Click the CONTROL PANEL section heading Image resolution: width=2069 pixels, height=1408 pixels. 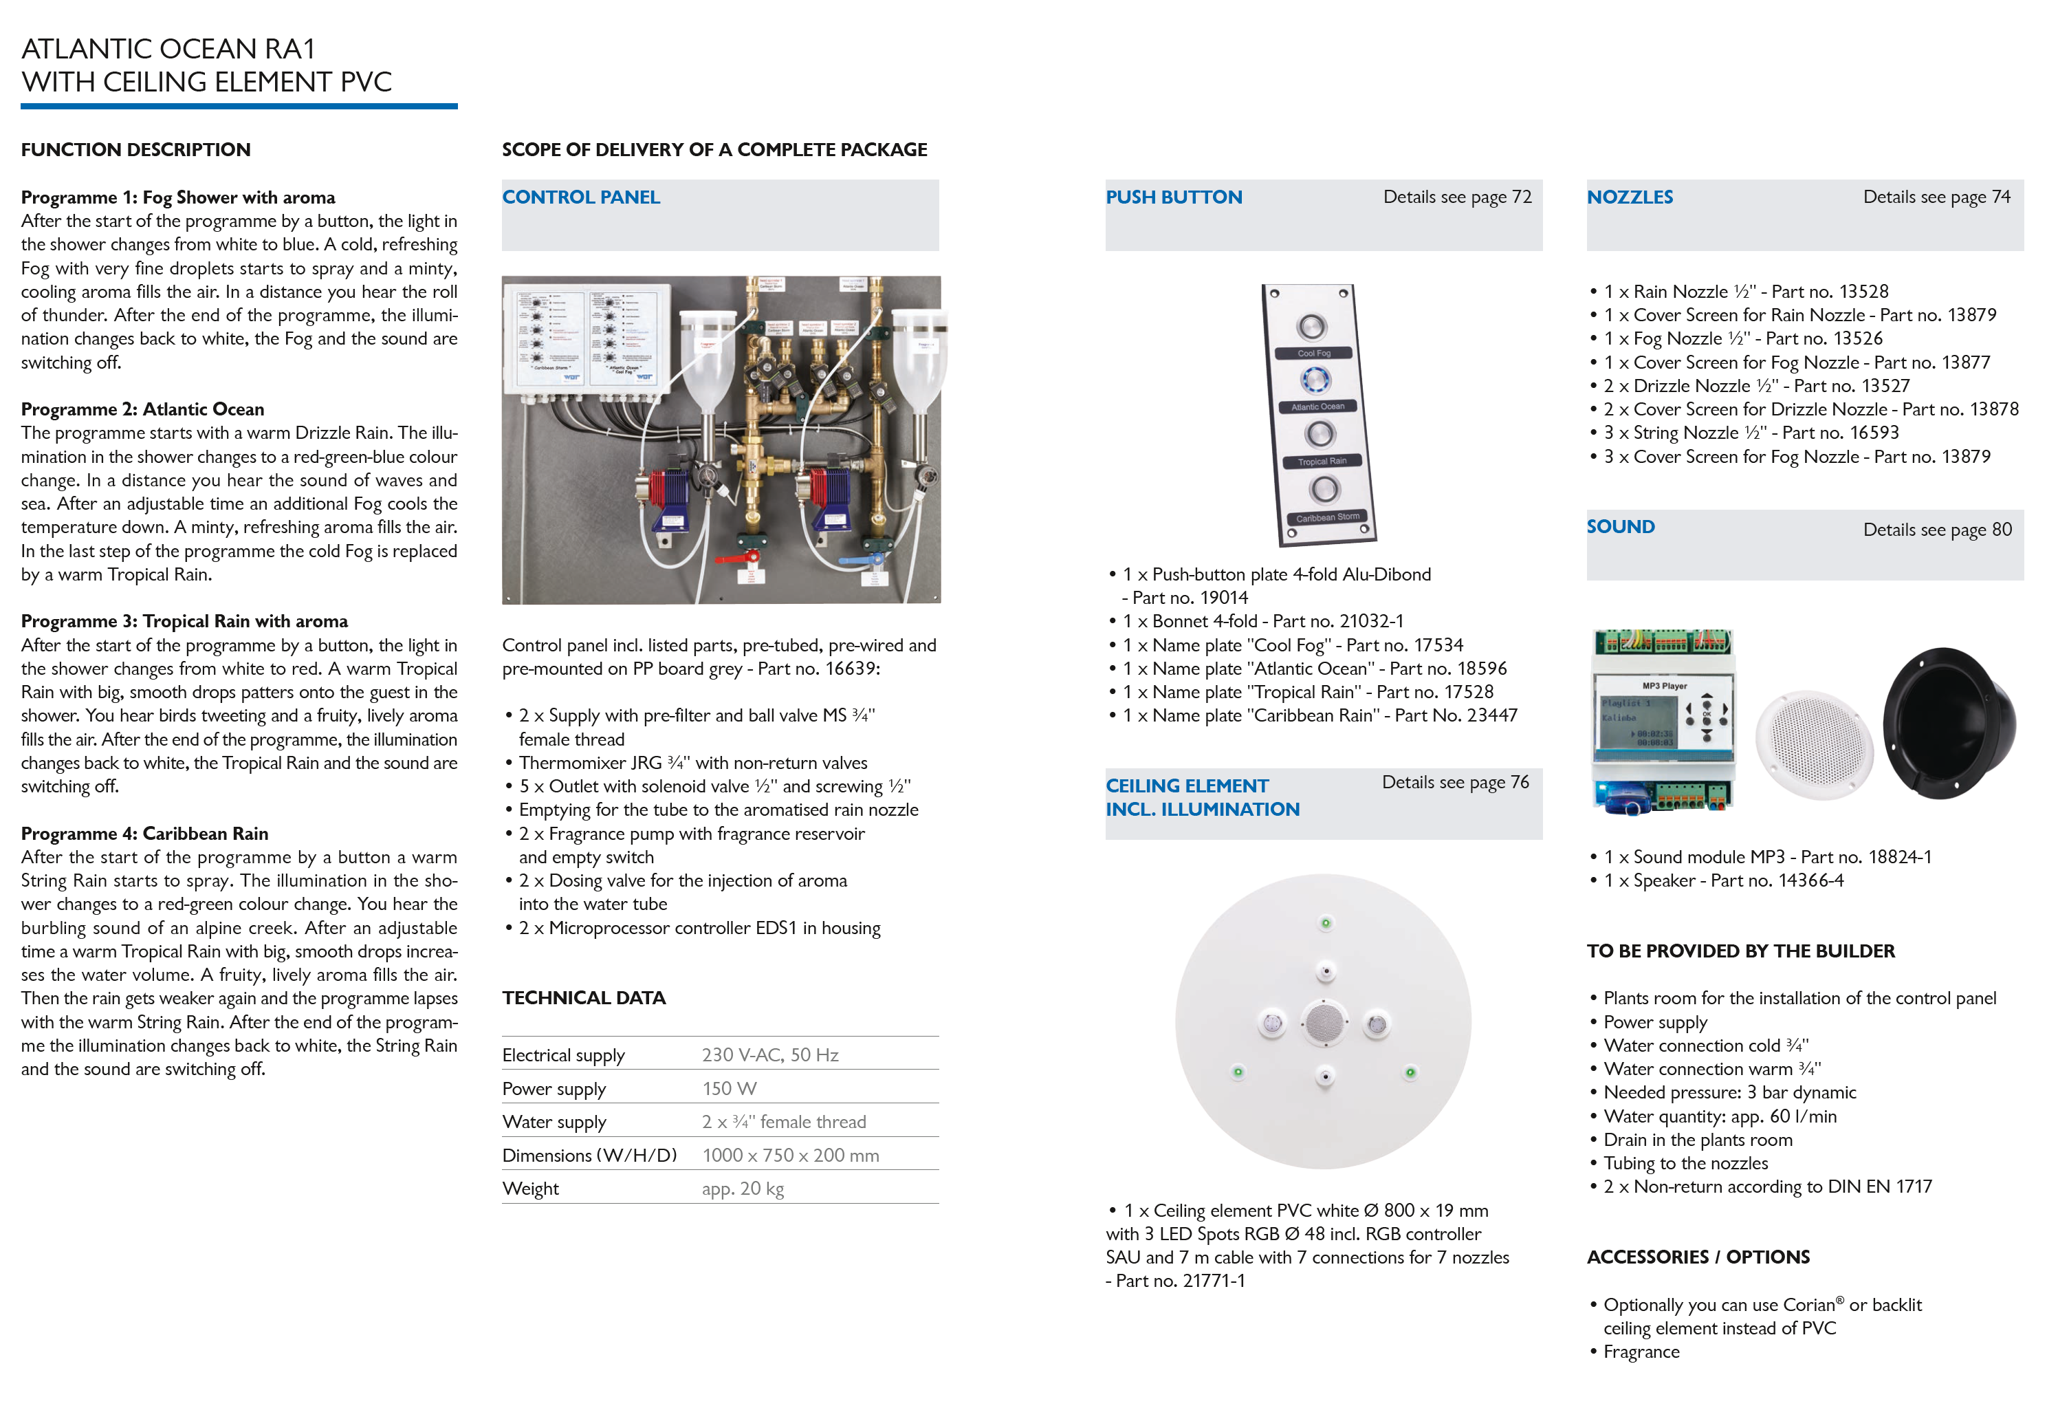[580, 197]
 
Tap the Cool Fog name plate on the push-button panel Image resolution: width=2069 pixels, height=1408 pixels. [1313, 353]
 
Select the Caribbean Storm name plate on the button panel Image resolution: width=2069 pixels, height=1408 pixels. [1327, 517]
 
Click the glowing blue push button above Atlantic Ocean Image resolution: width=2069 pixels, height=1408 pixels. [1316, 380]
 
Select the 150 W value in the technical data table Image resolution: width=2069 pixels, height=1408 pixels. [729, 1088]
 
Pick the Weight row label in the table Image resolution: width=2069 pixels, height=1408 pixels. [531, 1188]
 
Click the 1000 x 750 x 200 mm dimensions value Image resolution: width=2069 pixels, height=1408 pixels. [789, 1155]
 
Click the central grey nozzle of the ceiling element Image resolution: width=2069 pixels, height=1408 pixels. [1323, 1022]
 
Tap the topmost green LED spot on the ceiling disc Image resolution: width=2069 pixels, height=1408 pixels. [1326, 922]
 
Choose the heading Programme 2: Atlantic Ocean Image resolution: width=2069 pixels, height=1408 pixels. [142, 409]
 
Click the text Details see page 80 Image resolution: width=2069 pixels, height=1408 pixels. [1936, 529]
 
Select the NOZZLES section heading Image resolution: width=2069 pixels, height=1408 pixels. [1629, 197]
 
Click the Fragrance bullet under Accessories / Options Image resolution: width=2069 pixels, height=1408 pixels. [1641, 1351]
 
